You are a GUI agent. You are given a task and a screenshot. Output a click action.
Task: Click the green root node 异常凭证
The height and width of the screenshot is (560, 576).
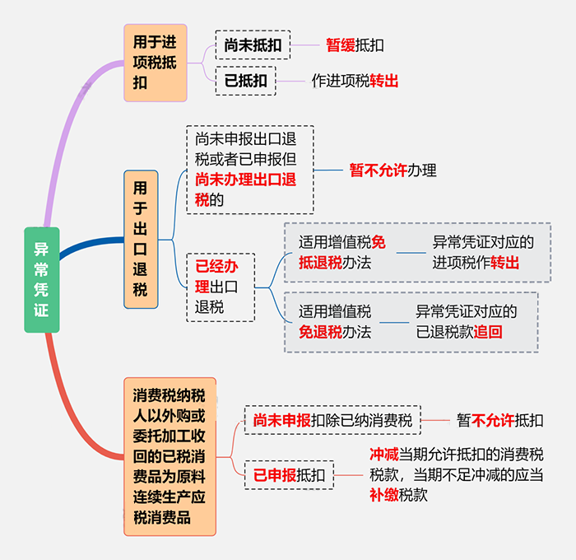pos(41,280)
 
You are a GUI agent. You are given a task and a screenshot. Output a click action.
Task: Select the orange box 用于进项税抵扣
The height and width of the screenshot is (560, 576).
pos(156,63)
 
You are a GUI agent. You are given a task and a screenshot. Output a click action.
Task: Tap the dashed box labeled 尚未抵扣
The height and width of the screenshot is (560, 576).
pos(253,45)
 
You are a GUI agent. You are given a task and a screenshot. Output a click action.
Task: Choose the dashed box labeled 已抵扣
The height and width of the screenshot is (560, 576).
pos(246,81)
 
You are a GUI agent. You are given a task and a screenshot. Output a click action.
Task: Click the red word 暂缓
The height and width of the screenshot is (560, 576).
pos(341,45)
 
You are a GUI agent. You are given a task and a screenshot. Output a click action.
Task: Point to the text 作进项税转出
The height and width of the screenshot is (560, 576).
pos(355,81)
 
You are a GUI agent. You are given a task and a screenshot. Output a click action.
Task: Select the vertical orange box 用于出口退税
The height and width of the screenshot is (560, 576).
pos(141,240)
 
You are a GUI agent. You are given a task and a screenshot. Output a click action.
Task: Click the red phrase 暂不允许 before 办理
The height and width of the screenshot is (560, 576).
pos(379,170)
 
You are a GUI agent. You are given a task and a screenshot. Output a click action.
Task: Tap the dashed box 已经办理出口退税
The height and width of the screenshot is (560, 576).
pos(221,287)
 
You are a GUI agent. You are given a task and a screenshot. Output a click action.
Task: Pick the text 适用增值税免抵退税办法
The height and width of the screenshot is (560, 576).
pos(342,252)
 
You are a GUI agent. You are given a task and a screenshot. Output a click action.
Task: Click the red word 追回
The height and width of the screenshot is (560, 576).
pos(488,332)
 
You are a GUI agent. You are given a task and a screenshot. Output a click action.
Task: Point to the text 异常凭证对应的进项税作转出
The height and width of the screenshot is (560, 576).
pos(483,252)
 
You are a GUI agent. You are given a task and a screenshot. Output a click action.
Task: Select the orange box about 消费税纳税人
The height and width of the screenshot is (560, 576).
pos(170,456)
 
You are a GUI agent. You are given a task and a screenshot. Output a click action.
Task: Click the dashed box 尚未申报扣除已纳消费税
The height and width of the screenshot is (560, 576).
pos(332,420)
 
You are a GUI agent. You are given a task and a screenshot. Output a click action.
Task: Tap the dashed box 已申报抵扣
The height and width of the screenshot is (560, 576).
pos(289,475)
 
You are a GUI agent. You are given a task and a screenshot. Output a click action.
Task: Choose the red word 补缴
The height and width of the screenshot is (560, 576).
pos(384,495)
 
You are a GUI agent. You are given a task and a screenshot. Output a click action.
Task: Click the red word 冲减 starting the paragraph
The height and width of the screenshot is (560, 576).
pos(384,455)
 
